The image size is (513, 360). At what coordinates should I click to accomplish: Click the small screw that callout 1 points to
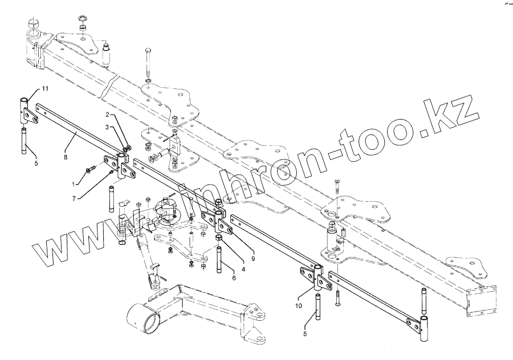[91, 169]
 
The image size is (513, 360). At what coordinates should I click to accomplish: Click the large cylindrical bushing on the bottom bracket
[144, 317]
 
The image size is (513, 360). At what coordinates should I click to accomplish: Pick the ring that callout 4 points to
[218, 237]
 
